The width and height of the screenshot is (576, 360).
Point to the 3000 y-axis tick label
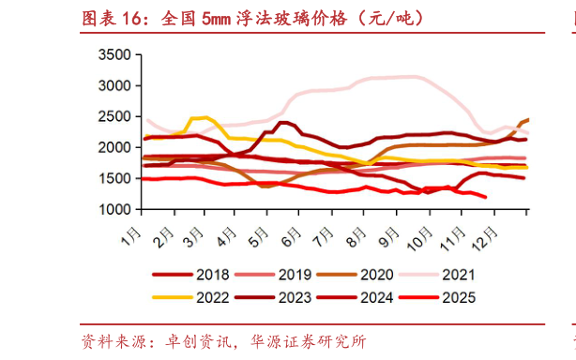114,85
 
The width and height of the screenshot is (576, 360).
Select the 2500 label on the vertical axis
114,116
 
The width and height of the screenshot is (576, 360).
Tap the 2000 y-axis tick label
114,147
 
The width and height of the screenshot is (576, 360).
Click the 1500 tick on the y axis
114,178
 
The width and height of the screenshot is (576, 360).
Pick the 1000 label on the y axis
114,209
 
